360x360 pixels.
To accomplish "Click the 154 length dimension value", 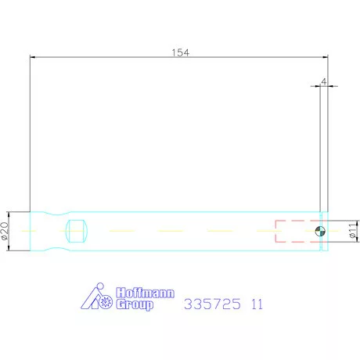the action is tap(180, 52).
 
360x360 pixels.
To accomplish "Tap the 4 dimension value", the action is tap(324, 81).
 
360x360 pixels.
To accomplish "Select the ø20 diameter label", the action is tap(5, 231).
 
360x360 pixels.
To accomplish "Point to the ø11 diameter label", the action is tap(352, 231).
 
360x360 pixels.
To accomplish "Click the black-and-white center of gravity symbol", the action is tap(320, 231).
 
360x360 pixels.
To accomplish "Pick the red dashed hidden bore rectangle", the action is tap(298, 231).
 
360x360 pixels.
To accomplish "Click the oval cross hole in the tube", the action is tap(77, 231).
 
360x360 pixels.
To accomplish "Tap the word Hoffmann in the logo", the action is tap(145, 293).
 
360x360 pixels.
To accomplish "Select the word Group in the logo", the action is tap(135, 304).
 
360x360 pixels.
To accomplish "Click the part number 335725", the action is tap(212, 304).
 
